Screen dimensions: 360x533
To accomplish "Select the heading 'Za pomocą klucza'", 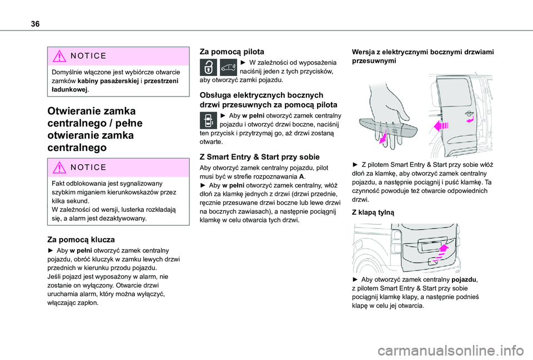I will coord(81,240).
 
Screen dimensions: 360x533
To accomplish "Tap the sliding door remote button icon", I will coord(209,120).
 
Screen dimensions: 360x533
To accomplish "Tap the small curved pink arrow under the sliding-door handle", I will coord(470,119).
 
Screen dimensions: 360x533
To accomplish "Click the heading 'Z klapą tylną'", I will coord(373,212).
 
